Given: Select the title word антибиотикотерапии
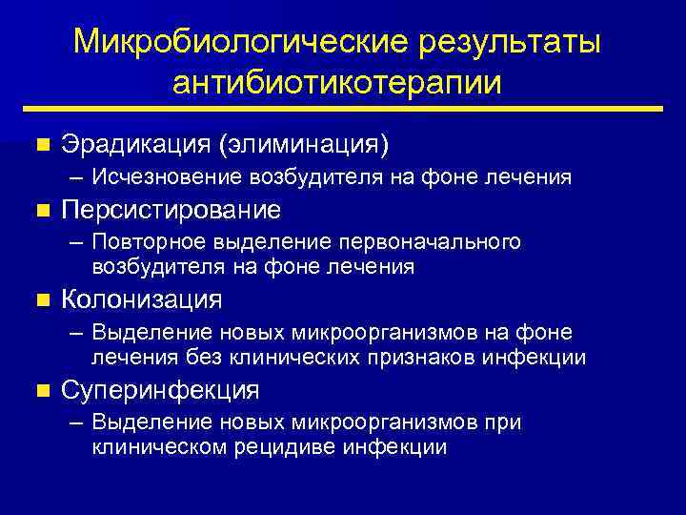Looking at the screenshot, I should pyautogui.click(x=337, y=83).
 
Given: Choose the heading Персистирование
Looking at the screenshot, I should pyautogui.click(x=171, y=209).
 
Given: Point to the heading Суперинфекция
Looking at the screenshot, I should pyautogui.click(x=160, y=390).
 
